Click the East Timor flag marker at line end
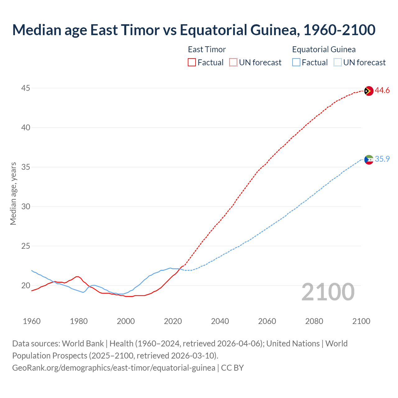click(x=368, y=91)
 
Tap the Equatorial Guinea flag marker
click(x=368, y=160)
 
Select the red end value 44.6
click(x=382, y=90)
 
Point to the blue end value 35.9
click(x=382, y=159)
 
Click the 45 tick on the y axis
click(x=25, y=88)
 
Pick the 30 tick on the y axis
click(x=25, y=207)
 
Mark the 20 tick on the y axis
click(x=25, y=286)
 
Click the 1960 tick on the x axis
click(x=32, y=321)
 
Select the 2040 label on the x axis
click(x=220, y=321)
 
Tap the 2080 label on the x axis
click(x=314, y=321)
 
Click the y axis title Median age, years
click(x=13, y=193)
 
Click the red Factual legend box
click(x=192, y=62)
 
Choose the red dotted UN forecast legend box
click(x=233, y=62)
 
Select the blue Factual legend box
click(x=296, y=62)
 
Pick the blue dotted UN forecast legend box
click(x=337, y=62)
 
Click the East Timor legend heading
click(x=207, y=49)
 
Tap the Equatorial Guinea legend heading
click(x=324, y=49)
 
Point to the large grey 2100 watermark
click(x=328, y=292)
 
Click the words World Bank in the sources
click(x=83, y=344)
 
